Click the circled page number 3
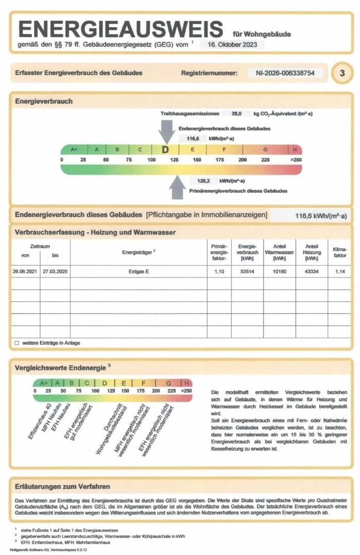(341, 73)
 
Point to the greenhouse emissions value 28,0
(237, 113)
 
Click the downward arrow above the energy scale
(167, 131)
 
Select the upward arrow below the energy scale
(177, 188)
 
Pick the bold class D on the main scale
(165, 150)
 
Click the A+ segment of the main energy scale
(74, 150)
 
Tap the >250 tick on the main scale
(295, 160)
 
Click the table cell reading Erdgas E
(139, 271)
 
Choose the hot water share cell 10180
(279, 271)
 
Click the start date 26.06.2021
(26, 271)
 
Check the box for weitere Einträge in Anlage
(17, 343)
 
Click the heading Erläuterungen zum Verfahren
(63, 486)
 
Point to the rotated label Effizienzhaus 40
(40, 421)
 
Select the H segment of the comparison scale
(187, 383)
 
